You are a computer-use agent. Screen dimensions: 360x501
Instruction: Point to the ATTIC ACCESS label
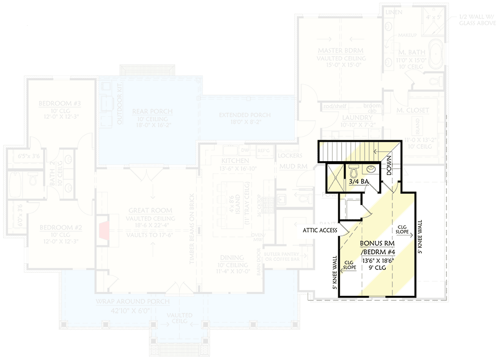[x=319, y=231]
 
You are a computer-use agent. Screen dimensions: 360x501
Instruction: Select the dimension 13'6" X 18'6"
[x=377, y=260]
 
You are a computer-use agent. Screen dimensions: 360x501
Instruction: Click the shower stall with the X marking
[x=334, y=178]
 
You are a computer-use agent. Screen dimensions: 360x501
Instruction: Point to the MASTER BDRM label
[x=340, y=51]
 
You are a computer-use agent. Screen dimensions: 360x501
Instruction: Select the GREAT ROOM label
[x=150, y=211]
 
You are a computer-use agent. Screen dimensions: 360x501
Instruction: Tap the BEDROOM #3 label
[x=60, y=104]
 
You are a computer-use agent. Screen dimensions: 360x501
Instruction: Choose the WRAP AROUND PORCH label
[x=133, y=301]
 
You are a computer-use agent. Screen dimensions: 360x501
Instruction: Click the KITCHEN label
[x=235, y=161]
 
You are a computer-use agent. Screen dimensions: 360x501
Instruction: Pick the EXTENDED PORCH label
[x=244, y=115]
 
